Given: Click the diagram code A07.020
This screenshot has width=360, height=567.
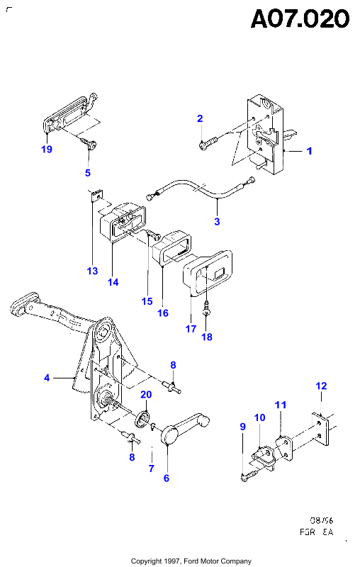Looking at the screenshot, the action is tap(300, 19).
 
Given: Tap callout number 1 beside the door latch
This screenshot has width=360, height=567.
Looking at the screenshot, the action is tap(309, 151).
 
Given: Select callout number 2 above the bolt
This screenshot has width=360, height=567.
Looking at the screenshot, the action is tap(200, 118).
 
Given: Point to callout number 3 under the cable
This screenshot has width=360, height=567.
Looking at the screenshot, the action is tap(217, 221).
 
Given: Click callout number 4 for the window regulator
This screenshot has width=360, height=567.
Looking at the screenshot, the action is tap(47, 378).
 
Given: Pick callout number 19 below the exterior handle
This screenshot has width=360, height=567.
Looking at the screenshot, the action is tap(47, 149).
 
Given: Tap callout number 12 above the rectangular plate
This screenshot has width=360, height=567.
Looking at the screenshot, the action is tap(321, 386).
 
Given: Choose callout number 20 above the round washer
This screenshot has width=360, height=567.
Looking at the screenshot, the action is tap(146, 394).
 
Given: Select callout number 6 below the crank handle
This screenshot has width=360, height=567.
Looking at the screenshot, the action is tap(167, 478).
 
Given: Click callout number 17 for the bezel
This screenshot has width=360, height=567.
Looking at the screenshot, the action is tap(191, 329).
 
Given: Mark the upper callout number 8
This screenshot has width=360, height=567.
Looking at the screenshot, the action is tap(173, 365).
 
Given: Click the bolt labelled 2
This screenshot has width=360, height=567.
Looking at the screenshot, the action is tap(208, 142).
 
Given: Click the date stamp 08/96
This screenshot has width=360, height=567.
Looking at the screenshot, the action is tap(321, 520).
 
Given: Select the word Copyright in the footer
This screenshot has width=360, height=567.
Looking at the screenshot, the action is tap(146, 561).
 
